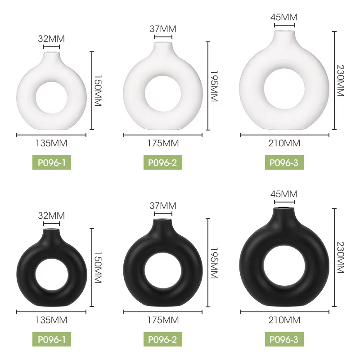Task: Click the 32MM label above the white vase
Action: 51,39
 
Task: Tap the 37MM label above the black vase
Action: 163,206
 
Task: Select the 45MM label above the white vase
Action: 284,17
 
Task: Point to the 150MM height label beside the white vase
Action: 98,90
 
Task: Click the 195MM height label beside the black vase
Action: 214,263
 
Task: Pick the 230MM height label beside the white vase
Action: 341,81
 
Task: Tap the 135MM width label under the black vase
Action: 51,320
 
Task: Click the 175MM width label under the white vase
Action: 163,143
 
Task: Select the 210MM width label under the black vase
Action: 284,320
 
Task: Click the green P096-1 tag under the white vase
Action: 52,162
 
